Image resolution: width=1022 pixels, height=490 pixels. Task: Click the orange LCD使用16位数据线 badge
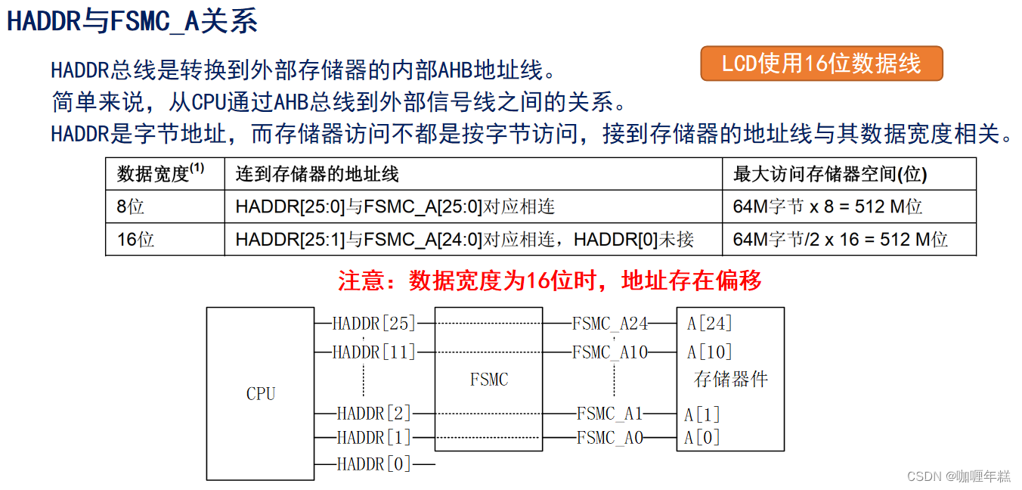(822, 64)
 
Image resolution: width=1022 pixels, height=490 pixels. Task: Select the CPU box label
(261, 393)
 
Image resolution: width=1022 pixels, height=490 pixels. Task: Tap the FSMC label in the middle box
(489, 379)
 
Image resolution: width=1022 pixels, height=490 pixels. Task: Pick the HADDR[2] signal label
(374, 414)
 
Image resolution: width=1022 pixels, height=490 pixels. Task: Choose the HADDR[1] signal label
(374, 437)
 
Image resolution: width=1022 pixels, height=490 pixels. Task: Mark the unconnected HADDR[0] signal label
(374, 464)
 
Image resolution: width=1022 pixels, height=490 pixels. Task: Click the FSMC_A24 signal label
(610, 324)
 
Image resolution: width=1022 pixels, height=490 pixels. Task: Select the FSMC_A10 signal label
(610, 352)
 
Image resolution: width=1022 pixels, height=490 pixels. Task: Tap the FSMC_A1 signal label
(609, 414)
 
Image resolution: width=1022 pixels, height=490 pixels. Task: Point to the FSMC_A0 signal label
(609, 437)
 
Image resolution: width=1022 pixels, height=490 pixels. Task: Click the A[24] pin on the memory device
(709, 324)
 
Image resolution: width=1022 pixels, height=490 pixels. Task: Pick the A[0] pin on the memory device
(702, 437)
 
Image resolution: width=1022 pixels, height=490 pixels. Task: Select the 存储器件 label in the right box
(730, 379)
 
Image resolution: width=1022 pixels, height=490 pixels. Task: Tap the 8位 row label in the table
(130, 206)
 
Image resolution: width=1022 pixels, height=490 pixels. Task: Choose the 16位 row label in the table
(135, 240)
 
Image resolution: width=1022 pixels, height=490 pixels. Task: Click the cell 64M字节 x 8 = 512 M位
(828, 206)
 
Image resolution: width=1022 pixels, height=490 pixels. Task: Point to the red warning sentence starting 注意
(550, 281)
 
